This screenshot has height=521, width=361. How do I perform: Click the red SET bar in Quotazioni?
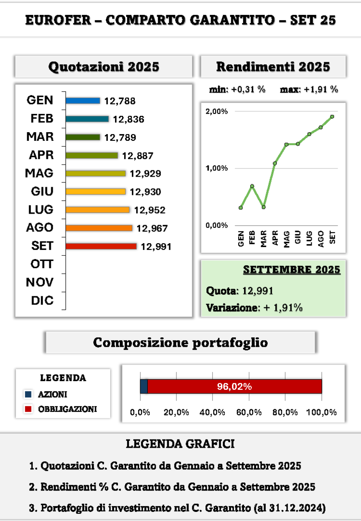pyautogui.click(x=101, y=246)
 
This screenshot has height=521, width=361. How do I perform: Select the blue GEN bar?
pyautogui.click(x=83, y=101)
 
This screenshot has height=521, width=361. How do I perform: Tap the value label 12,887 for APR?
pyautogui.click(x=137, y=156)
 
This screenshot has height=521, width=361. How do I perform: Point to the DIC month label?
pyautogui.click(x=42, y=301)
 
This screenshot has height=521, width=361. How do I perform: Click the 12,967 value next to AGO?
pyautogui.click(x=152, y=228)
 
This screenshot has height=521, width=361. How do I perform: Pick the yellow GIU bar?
pyautogui.click(x=95, y=192)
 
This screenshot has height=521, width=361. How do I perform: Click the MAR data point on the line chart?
pyautogui.click(x=263, y=207)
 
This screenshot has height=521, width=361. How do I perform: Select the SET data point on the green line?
pyautogui.click(x=332, y=116)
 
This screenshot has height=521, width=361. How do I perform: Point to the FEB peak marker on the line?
pyautogui.click(x=252, y=186)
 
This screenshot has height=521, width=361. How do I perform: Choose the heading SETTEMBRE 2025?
pyautogui.click(x=291, y=270)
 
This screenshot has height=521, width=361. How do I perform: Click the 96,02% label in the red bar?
pyautogui.click(x=234, y=386)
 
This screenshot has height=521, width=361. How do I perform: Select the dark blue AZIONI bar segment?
pyautogui.click(x=144, y=386)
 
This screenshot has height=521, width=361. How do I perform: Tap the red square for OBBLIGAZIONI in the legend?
pyautogui.click(x=29, y=409)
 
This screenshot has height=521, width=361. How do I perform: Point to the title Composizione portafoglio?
pyautogui.click(x=180, y=343)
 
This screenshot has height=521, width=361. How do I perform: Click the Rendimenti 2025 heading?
pyautogui.click(x=273, y=67)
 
